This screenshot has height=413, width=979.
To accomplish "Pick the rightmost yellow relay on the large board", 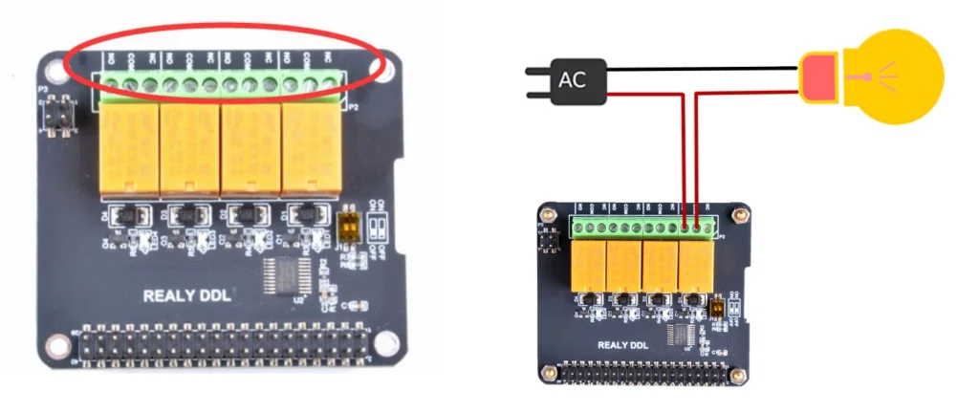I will [311, 147].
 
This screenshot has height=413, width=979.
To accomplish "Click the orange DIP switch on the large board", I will [348, 226].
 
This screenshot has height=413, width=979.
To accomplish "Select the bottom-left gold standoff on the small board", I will [548, 371].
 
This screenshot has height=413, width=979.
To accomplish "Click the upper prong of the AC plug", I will [538, 72].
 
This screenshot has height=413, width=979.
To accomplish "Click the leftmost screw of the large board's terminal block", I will [108, 87].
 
